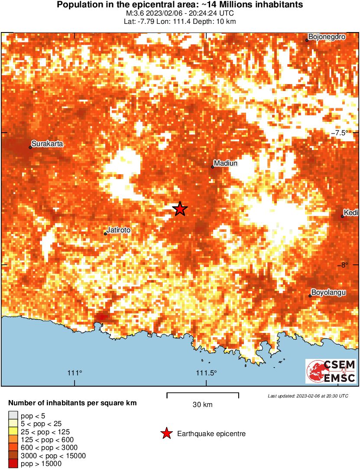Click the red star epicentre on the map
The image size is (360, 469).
pyautogui.click(x=180, y=209)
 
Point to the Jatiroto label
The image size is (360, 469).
pyautogui.click(x=118, y=230)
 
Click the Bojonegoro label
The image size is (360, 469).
pyautogui.click(x=327, y=37)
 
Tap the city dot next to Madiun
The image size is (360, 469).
pyautogui.click(x=213, y=167)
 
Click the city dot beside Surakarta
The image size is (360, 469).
pyautogui.click(x=30, y=147)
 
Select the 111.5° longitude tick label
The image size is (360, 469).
pyautogui.click(x=206, y=373)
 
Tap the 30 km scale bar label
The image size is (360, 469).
pyautogui.click(x=202, y=405)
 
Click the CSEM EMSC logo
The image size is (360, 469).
pyautogui.click(x=331, y=371)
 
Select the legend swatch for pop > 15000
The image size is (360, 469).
pyautogui.click(x=13, y=463)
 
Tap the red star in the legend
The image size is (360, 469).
pyautogui.click(x=165, y=433)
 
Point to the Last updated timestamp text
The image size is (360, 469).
pyautogui.click(x=308, y=396)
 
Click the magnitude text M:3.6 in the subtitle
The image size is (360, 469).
pyautogui.click(x=134, y=13)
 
